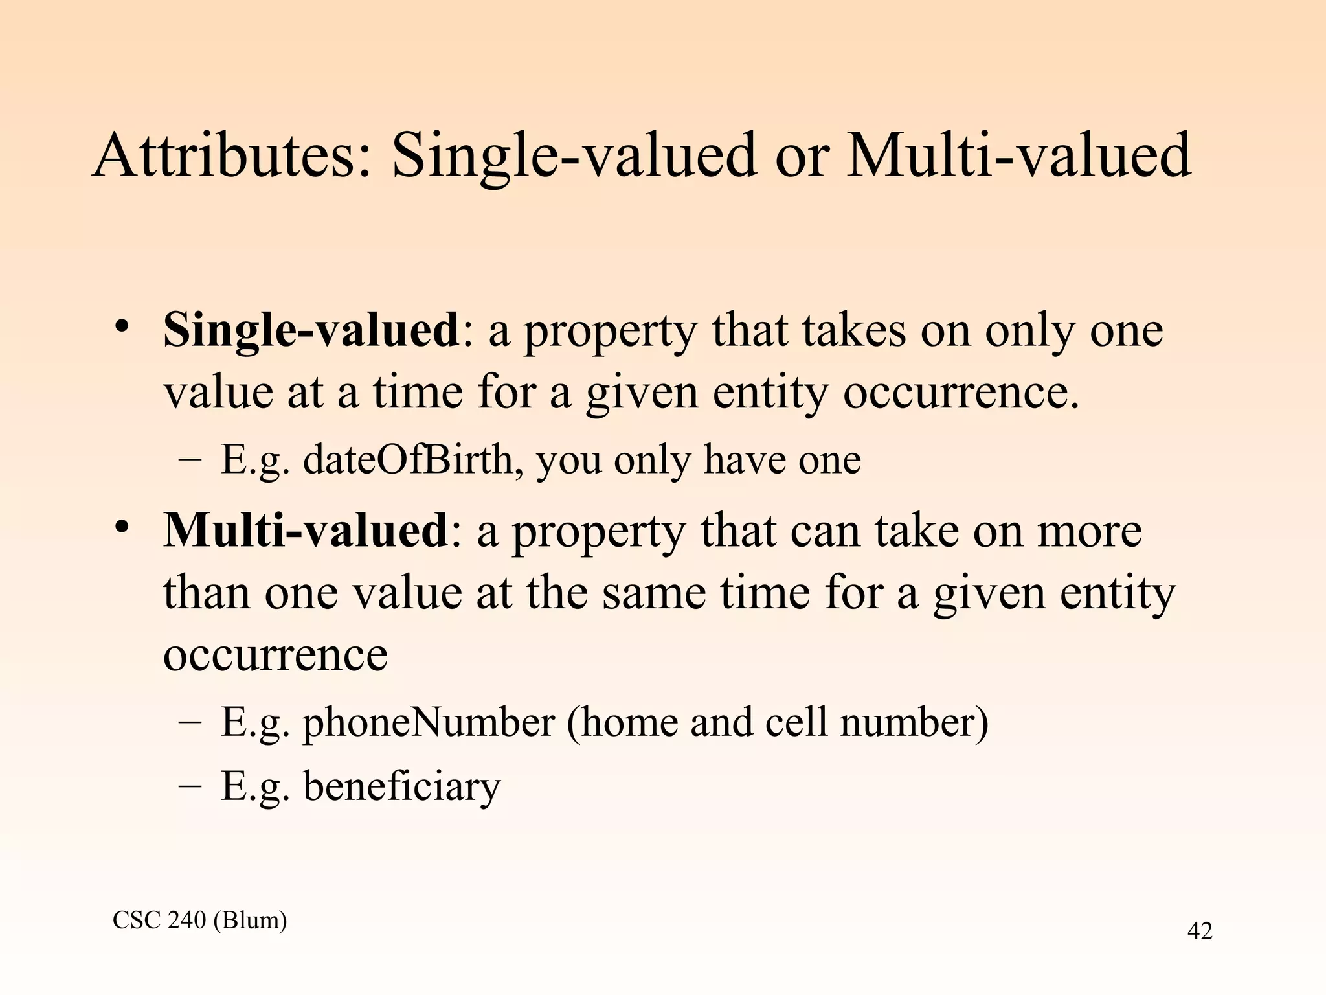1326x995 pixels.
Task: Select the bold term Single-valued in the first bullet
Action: pos(311,330)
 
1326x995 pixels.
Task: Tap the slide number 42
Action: pos(1199,931)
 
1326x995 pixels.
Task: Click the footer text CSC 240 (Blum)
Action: pos(200,919)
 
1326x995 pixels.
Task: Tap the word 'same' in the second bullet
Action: pos(654,592)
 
